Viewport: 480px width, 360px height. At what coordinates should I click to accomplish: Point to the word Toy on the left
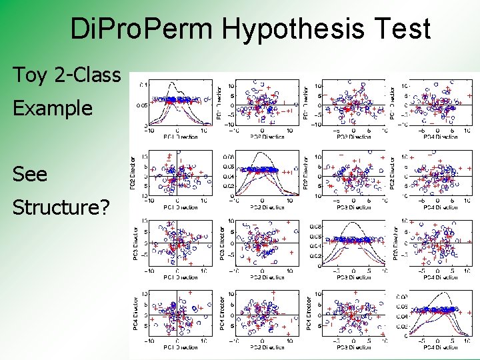(31, 76)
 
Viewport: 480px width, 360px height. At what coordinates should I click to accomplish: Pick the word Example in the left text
(53, 108)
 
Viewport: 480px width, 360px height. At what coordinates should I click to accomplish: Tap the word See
(31, 174)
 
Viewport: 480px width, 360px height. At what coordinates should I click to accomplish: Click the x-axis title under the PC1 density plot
(177, 137)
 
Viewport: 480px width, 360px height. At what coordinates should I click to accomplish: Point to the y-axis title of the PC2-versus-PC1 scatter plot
(133, 172)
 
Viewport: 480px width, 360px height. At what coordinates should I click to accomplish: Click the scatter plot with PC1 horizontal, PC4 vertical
(177, 313)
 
